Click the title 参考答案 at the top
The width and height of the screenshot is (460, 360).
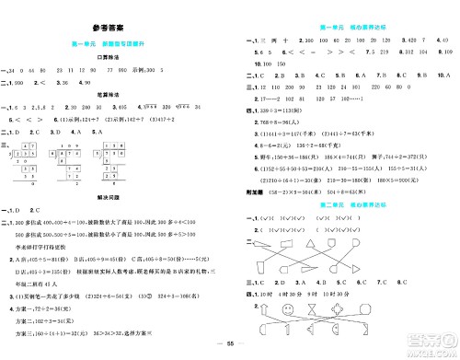tap(111, 29)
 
